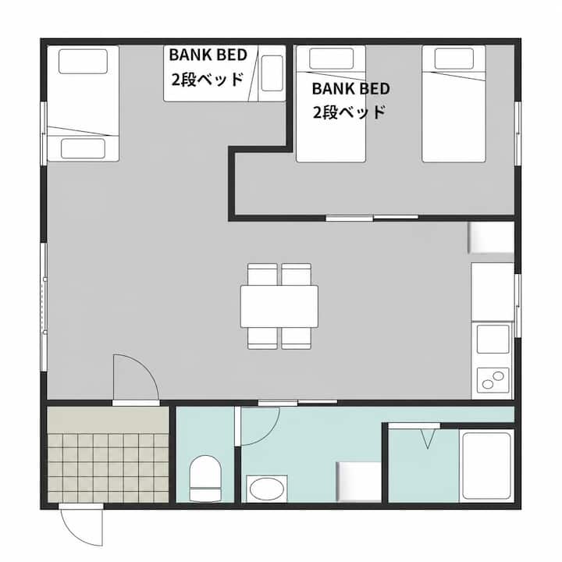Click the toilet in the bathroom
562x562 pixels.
[x=205, y=478]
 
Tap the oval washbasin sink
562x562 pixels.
[x=267, y=489]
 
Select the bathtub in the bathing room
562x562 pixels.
[x=487, y=465]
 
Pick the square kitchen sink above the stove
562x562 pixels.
[x=493, y=339]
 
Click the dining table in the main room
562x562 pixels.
[x=279, y=306]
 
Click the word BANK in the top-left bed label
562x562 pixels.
[x=188, y=55]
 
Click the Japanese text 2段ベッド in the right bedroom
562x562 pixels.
[x=349, y=112]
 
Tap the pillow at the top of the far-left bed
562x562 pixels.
[x=83, y=62]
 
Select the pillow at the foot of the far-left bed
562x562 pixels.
[x=83, y=148]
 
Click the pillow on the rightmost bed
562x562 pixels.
[x=454, y=59]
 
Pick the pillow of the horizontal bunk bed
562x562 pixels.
[x=272, y=73]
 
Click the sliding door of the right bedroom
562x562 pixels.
[x=372, y=218]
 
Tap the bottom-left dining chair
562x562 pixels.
[x=262, y=338]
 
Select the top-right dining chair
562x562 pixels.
[x=296, y=275]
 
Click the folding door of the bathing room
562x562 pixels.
[x=414, y=426]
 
